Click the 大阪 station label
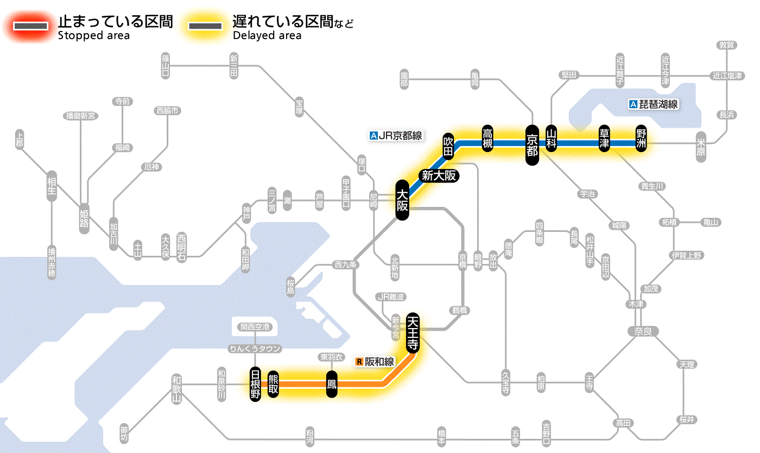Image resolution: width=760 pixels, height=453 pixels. click(402, 200)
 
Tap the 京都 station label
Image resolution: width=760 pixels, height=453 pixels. click(532, 144)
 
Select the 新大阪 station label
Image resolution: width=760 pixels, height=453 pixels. click(439, 175)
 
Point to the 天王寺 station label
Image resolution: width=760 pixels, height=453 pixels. click(412, 332)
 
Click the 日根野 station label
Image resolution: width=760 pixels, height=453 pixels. click(255, 384)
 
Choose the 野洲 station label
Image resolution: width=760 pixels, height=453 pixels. click(642, 140)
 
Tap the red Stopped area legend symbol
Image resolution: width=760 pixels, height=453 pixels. click(29, 26)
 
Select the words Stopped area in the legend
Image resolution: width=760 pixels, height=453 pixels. click(93, 36)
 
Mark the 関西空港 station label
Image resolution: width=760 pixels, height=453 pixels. click(255, 327)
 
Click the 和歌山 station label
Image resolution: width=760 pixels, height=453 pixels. click(176, 388)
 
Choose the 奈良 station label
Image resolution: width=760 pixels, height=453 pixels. click(642, 331)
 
